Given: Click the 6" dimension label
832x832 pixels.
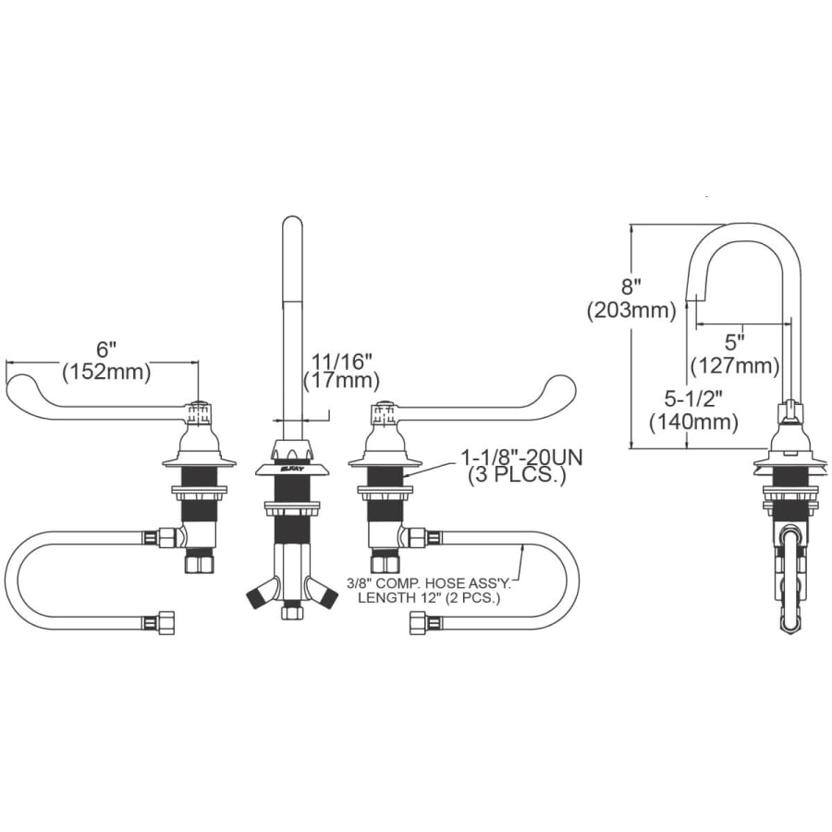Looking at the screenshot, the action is [x=106, y=349].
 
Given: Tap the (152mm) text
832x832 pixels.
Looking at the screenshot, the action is [x=106, y=372].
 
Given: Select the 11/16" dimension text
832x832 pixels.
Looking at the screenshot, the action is [x=341, y=361].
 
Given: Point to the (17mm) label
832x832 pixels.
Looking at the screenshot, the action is [x=341, y=381].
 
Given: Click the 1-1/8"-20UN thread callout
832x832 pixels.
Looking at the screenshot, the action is [x=521, y=457].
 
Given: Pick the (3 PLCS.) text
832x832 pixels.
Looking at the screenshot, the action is [x=516, y=475].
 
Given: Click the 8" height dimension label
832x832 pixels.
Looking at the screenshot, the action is [x=631, y=288].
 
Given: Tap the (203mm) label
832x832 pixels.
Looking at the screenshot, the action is [x=631, y=311].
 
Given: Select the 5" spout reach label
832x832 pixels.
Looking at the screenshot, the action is [x=734, y=342].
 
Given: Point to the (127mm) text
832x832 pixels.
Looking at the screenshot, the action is [x=735, y=365].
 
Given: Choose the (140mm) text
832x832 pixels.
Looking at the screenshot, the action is [x=694, y=422].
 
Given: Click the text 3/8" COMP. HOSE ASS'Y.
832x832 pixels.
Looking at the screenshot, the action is [x=429, y=583].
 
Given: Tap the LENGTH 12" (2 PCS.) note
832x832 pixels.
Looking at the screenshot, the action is [x=429, y=598].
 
